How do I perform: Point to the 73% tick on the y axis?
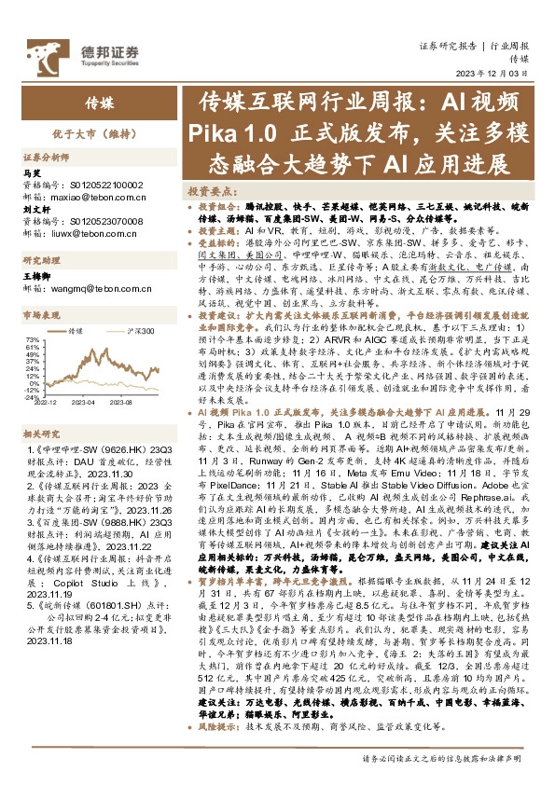(x=32, y=339)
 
